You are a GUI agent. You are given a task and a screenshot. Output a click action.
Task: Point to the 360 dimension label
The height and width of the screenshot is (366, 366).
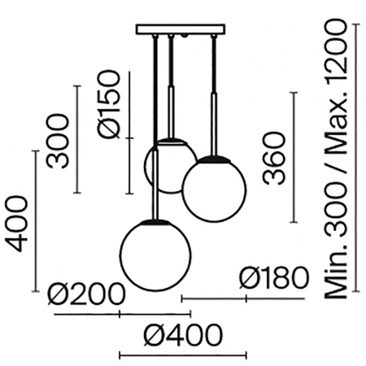pyautogui.click(x=273, y=157)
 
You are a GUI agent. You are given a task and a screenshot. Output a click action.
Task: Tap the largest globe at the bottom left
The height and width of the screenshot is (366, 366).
pyautogui.click(x=155, y=255)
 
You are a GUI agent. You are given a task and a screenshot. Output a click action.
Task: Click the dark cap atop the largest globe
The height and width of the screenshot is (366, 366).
pyautogui.click(x=155, y=220)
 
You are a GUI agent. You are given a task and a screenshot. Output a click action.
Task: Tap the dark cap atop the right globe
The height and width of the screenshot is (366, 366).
pyautogui.click(x=214, y=157)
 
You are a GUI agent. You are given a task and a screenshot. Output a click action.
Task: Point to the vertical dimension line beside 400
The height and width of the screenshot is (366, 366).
pyautogui.click(x=37, y=221)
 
